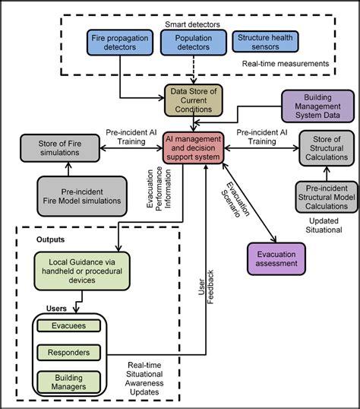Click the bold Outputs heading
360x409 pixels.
pyautogui.click(x=51, y=239)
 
